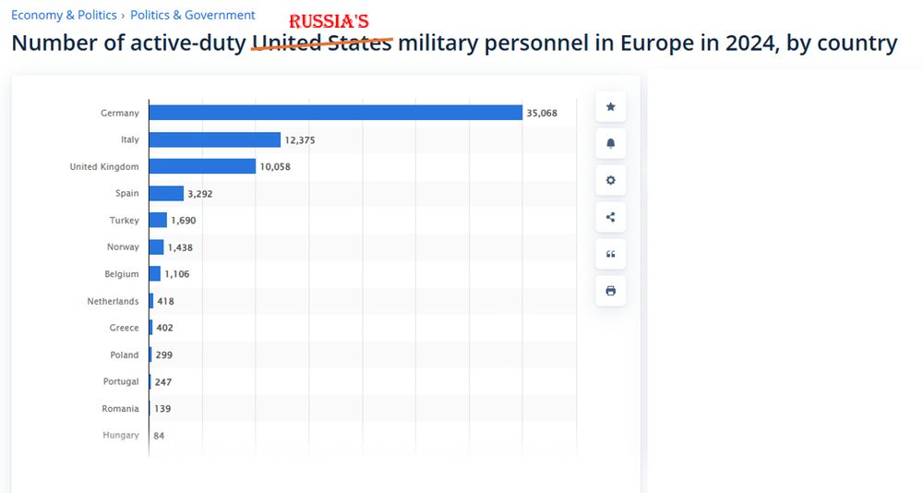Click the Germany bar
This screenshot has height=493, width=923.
coord(335,113)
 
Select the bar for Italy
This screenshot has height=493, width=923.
coord(214,139)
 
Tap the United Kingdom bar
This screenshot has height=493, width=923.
coord(202,166)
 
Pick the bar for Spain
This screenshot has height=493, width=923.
coord(166,193)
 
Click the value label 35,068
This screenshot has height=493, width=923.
coord(542,114)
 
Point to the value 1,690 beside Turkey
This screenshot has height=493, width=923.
coord(184,221)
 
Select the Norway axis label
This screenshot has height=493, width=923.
coord(123,247)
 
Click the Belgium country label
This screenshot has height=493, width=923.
coord(122,274)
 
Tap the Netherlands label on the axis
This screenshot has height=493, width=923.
coord(113,301)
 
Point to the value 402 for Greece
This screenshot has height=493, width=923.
coord(164,328)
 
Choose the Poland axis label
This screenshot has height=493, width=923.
coord(124,355)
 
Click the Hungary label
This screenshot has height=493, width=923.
coord(121,435)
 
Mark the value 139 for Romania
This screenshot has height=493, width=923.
coord(162,408)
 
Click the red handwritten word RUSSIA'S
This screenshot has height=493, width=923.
coord(330,22)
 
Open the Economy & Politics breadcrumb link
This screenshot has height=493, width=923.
coord(64,15)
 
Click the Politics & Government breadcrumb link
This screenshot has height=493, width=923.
coord(193,15)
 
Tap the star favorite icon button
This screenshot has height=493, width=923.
coord(610,107)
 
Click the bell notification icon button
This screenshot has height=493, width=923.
coord(610,144)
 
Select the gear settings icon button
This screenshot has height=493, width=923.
coord(610,180)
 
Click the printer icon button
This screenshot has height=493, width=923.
coord(610,291)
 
